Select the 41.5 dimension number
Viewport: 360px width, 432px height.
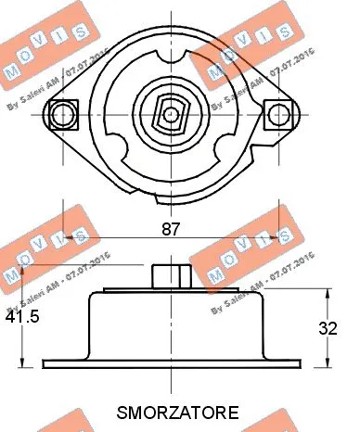pyautogui.click(x=19, y=319)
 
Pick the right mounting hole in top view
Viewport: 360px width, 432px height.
pyautogui.click(x=278, y=114)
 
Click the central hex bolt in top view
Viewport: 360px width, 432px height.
pyautogui.click(x=170, y=114)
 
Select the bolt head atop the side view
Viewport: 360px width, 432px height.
pyautogui.click(x=170, y=274)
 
